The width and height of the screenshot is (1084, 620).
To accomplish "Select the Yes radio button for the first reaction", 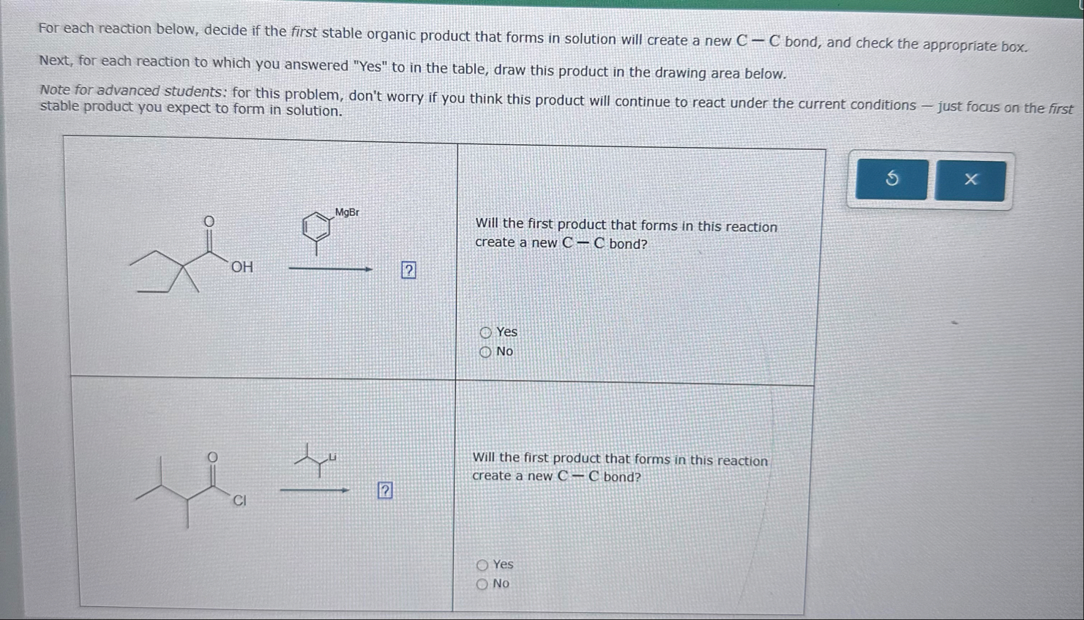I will coord(486,332).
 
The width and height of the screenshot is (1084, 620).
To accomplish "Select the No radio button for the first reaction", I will coord(485,352).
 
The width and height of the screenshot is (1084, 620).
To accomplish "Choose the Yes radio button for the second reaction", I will coord(482,564).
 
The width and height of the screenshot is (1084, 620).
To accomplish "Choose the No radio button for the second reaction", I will coord(482,584).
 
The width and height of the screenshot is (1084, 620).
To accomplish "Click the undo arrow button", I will coord(892,179).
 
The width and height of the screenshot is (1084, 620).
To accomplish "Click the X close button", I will coord(971,179).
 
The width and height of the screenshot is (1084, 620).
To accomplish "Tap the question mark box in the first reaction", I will coord(408,270).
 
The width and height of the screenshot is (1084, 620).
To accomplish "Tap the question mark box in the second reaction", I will coord(385,490).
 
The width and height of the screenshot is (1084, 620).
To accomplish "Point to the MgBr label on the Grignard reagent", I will coord(347,212).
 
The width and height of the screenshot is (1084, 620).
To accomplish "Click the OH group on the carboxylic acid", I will coord(242,268).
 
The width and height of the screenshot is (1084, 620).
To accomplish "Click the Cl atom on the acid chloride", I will coord(239,501).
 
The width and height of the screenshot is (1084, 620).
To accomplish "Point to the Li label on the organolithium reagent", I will coord(332,457).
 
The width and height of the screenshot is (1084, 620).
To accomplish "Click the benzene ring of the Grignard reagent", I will coord(316,227).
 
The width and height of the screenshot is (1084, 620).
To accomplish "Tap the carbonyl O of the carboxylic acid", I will coord(209,221).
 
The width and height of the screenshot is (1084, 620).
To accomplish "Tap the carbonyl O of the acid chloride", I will coord(212,457).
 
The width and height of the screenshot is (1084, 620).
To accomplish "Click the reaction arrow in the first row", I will coord(330,269).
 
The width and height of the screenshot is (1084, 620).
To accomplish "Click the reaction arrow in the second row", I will coord(314,490).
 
